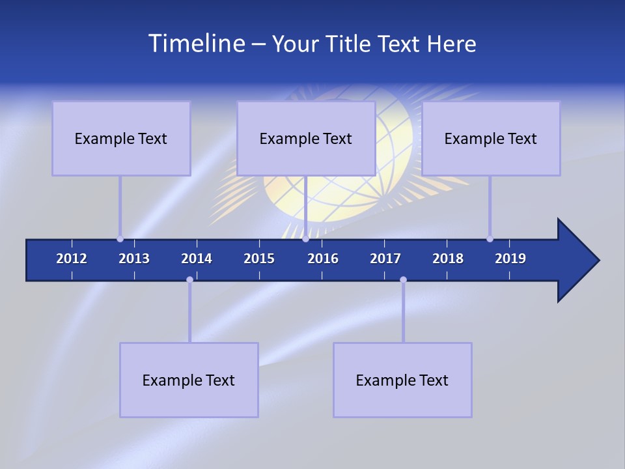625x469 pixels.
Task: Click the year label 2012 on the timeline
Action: click(72, 259)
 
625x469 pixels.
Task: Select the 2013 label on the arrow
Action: click(134, 259)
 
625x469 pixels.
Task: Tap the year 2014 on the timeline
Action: click(197, 259)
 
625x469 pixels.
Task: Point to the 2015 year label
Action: click(259, 259)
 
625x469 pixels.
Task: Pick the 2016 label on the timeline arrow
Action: click(323, 259)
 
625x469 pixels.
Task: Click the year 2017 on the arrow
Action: click(385, 259)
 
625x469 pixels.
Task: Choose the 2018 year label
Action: click(448, 259)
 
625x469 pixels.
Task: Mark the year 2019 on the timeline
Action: click(510, 259)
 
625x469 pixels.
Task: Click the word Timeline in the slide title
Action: click(195, 44)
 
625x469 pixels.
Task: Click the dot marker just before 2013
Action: click(120, 239)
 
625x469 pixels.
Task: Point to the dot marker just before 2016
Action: click(305, 239)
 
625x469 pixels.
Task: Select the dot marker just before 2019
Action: click(490, 239)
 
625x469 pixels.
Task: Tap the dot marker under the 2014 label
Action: click(189, 280)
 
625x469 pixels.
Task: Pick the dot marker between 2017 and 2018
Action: click(403, 280)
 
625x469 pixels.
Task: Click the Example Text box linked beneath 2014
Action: click(189, 380)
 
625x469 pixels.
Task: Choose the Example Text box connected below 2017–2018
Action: click(402, 380)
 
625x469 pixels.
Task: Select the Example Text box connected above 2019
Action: click(491, 138)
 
